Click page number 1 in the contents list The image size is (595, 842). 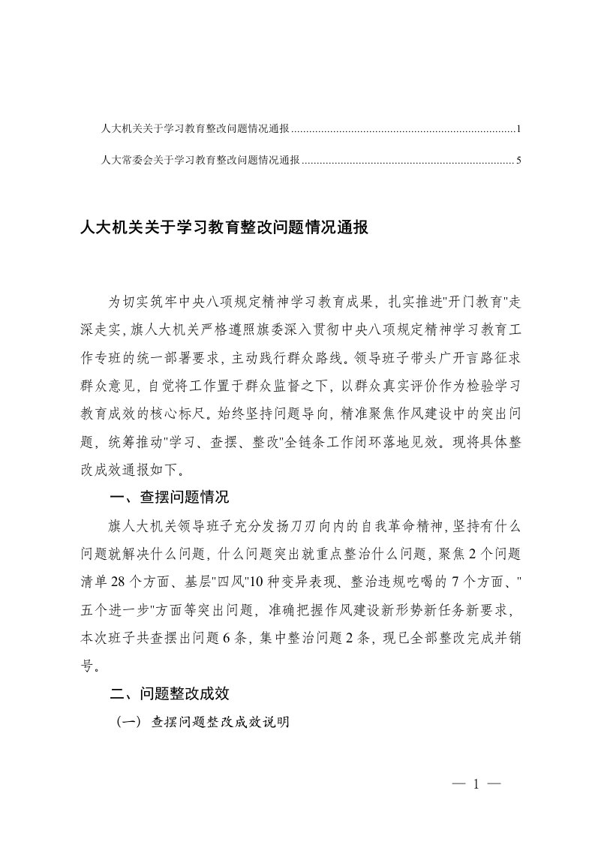coord(518,130)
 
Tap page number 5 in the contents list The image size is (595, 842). coord(518,160)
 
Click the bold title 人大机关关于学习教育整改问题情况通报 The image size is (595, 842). coord(224,227)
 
